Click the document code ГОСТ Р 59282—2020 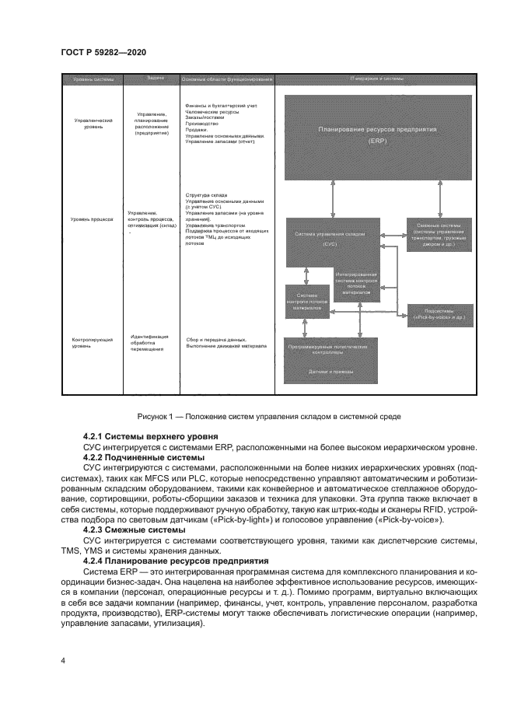click(103, 52)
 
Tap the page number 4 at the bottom click(63, 660)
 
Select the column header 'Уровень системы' click(93, 80)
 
